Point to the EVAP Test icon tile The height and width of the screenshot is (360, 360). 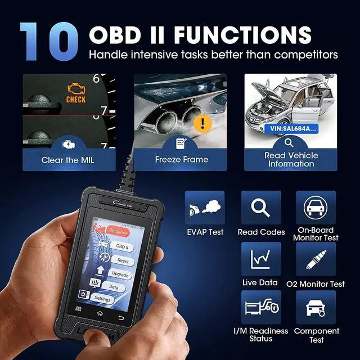click(x=204, y=208)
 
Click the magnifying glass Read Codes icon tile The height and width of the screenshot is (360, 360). click(x=261, y=208)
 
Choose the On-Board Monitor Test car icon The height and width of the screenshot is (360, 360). click(x=316, y=208)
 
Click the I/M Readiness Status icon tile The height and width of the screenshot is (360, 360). click(x=261, y=307)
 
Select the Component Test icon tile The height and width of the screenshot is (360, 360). click(x=316, y=307)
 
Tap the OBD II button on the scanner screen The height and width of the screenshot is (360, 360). click(x=122, y=247)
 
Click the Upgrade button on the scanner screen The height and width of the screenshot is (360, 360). click(x=119, y=275)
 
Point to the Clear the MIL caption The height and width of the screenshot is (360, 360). click(x=68, y=160)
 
